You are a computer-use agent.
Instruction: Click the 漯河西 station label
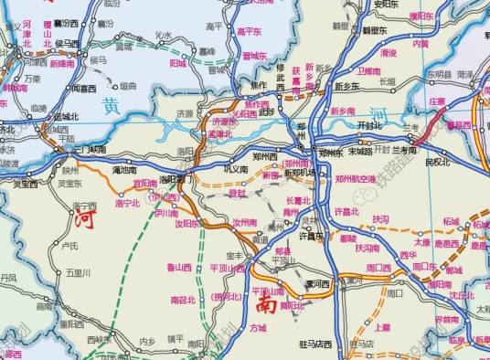(x=317, y=284)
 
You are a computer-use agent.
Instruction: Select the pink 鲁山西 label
(x=183, y=267)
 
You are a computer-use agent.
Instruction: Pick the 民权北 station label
(x=438, y=162)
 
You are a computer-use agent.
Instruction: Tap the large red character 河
(x=83, y=219)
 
